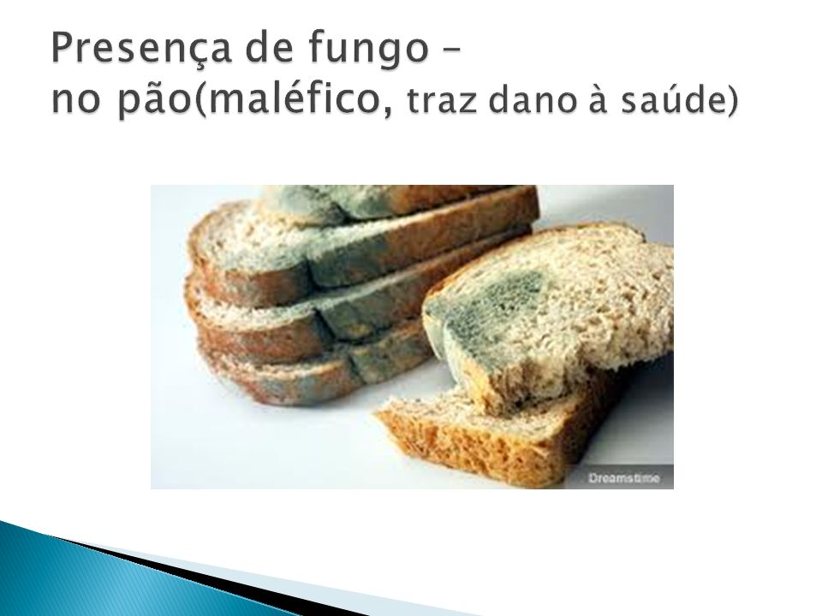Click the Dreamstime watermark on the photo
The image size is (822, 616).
click(x=624, y=477)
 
